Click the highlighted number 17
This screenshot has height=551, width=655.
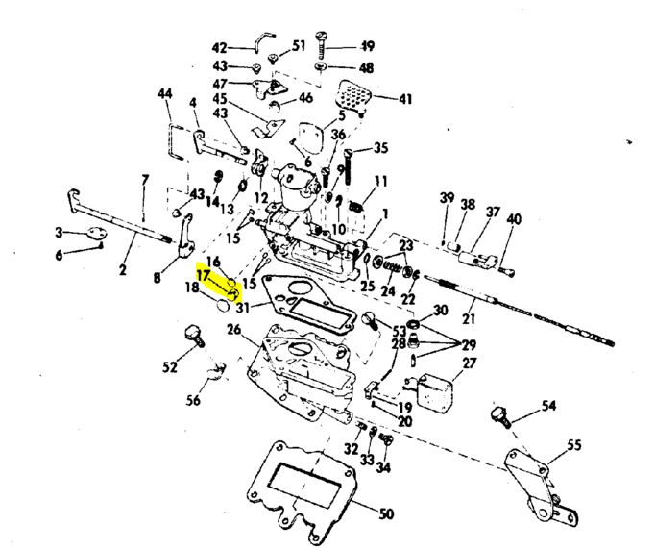tap(203, 276)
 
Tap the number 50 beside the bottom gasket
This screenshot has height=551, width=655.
tap(386, 513)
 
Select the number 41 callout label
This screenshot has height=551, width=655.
tap(405, 99)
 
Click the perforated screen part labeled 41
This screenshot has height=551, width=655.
tap(352, 97)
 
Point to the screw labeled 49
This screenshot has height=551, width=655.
tap(321, 44)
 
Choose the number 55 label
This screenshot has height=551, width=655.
tap(574, 445)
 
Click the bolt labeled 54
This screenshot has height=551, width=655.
tap(501, 417)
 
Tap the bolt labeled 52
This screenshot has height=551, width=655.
tap(195, 336)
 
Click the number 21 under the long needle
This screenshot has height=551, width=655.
tap(469, 318)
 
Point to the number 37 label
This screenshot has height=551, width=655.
tap(493, 213)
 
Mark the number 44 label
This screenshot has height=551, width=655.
tap(165, 93)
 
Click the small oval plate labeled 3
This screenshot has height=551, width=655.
tap(96, 233)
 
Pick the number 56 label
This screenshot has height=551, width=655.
tap(193, 400)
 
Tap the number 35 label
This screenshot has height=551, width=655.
tap(380, 148)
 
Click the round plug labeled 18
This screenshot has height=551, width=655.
tap(224, 306)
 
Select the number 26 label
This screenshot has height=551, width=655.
tap(234, 329)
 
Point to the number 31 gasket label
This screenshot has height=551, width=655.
tap(243, 308)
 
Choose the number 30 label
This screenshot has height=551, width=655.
tap(440, 310)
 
